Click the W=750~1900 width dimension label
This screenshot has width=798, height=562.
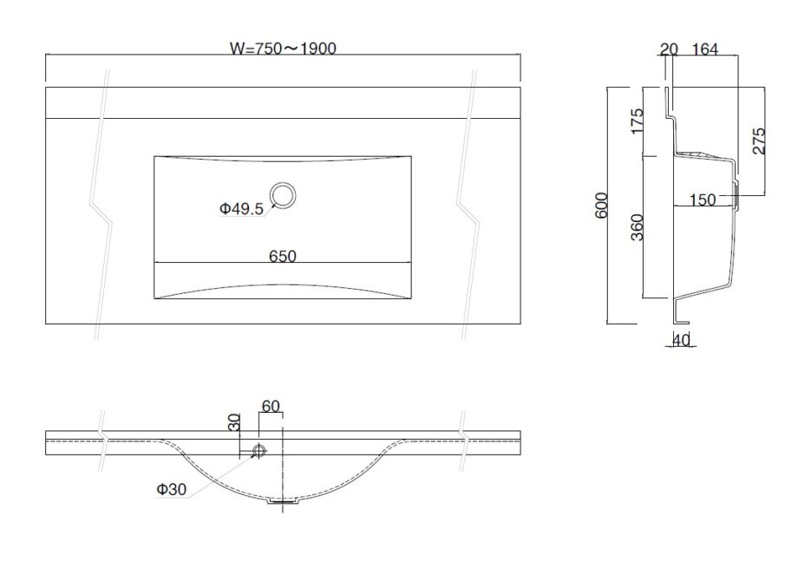(x=284, y=49)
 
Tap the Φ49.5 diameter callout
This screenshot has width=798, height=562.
(x=241, y=208)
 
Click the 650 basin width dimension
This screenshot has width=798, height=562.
(x=283, y=256)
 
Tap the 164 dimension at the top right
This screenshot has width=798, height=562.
(x=705, y=50)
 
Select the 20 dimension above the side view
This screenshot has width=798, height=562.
(x=668, y=50)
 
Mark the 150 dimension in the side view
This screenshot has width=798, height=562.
(x=703, y=200)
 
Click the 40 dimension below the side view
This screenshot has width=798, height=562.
(x=681, y=341)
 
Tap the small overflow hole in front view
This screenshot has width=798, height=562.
(x=258, y=451)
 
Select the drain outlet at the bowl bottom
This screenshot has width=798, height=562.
(x=283, y=501)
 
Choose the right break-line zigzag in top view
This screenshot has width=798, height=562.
(x=468, y=208)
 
